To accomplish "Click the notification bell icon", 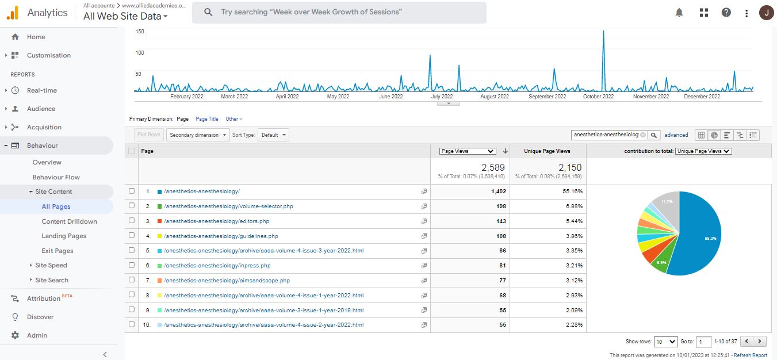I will point(679,13).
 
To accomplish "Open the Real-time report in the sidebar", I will point(41,90).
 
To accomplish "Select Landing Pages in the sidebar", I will point(64,236).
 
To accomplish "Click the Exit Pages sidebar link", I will point(58,251).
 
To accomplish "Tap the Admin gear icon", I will point(16,335).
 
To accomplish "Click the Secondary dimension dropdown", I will point(197,135).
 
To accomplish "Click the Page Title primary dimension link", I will point(207,119).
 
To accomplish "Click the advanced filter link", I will point(676,135).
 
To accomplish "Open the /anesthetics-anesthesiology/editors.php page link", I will point(216,221).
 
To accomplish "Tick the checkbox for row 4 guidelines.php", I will point(132,236).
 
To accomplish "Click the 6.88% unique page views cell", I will point(572,206).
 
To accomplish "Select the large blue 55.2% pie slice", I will point(699,236).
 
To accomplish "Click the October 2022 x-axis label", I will point(599,97).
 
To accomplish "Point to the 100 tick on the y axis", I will point(140,53).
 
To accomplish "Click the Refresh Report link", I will point(751,355).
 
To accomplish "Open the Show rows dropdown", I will point(666,342).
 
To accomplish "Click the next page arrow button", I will point(761,342).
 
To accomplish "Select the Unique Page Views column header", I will point(547,151).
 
